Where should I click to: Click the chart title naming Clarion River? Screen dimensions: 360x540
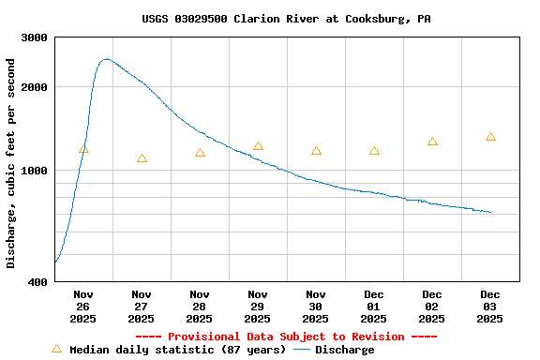[286, 19]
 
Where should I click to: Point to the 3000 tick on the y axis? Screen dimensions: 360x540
[36, 38]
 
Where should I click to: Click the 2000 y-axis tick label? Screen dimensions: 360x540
[36, 87]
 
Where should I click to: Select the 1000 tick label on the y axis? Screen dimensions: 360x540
[36, 171]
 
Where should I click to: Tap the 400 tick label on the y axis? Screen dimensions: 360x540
[38, 282]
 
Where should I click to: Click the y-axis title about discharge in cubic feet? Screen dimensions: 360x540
[11, 163]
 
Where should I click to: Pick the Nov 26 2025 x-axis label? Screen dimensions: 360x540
[83, 307]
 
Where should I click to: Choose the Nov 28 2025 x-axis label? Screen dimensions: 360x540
[200, 307]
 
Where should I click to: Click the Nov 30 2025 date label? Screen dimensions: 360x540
[316, 307]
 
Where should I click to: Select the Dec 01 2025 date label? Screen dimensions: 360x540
[374, 307]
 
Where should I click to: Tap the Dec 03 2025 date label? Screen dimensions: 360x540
[490, 307]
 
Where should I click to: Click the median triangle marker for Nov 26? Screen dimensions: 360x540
[84, 149]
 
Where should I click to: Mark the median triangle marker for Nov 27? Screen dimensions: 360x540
[142, 158]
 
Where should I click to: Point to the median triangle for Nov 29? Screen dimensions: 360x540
[258, 146]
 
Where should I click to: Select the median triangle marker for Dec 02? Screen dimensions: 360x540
[432, 142]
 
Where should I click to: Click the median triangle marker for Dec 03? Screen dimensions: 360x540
[490, 137]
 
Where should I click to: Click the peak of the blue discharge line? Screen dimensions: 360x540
[106, 59]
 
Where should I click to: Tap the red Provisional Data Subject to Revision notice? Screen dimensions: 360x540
[286, 337]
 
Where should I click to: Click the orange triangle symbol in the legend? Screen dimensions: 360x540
[56, 349]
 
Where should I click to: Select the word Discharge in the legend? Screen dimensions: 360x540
[344, 350]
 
